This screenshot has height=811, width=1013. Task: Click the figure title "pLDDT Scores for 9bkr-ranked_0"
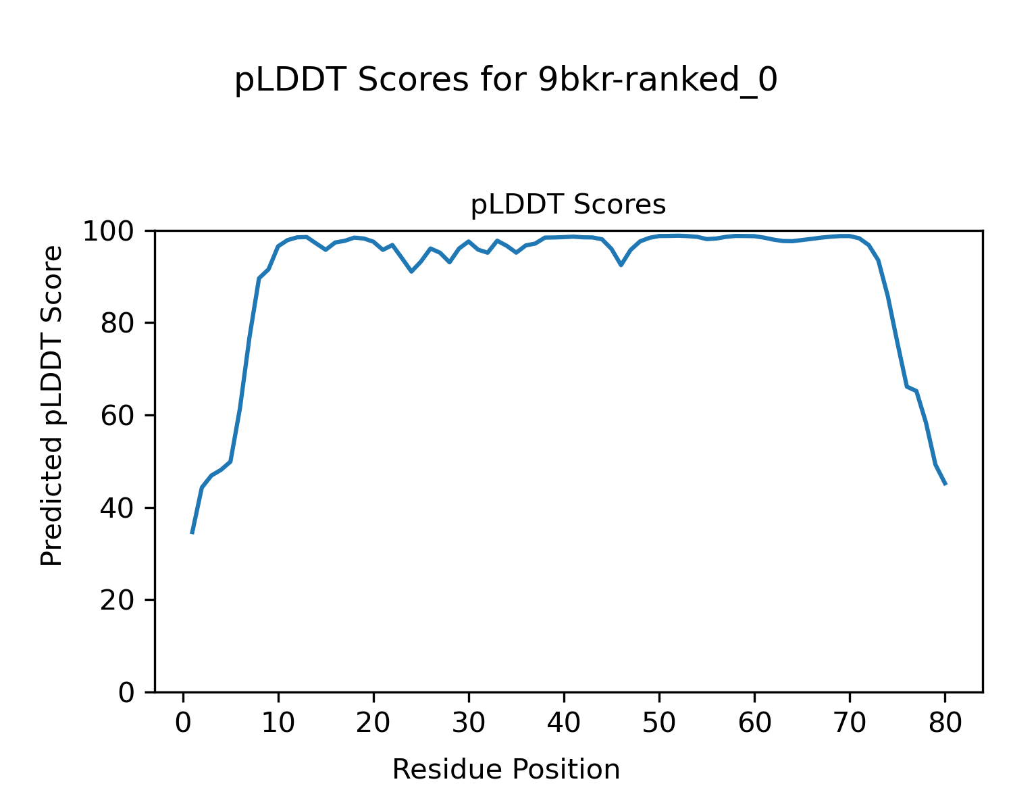point(506,81)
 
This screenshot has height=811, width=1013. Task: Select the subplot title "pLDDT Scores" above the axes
point(568,205)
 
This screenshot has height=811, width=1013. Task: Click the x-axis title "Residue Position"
point(506,770)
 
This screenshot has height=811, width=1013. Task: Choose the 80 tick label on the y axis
point(120,324)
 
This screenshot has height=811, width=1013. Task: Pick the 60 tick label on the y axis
point(120,416)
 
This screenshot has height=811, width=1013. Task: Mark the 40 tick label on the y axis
point(120,508)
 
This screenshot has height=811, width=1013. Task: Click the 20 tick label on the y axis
point(120,600)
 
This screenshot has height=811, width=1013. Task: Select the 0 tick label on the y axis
point(127,693)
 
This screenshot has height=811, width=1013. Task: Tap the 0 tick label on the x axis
point(183,723)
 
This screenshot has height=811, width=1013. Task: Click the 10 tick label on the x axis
point(278,723)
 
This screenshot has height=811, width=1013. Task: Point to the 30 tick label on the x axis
point(469,723)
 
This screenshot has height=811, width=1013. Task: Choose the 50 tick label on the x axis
point(659,723)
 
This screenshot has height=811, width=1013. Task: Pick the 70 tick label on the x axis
point(850,723)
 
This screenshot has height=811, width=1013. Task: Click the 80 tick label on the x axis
point(945,723)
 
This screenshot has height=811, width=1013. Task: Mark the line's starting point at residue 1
point(192,533)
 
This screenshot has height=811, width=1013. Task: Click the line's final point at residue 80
point(945,484)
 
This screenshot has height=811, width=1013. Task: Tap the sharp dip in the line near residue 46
point(621,265)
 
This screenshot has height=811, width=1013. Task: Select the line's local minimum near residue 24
point(411,271)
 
